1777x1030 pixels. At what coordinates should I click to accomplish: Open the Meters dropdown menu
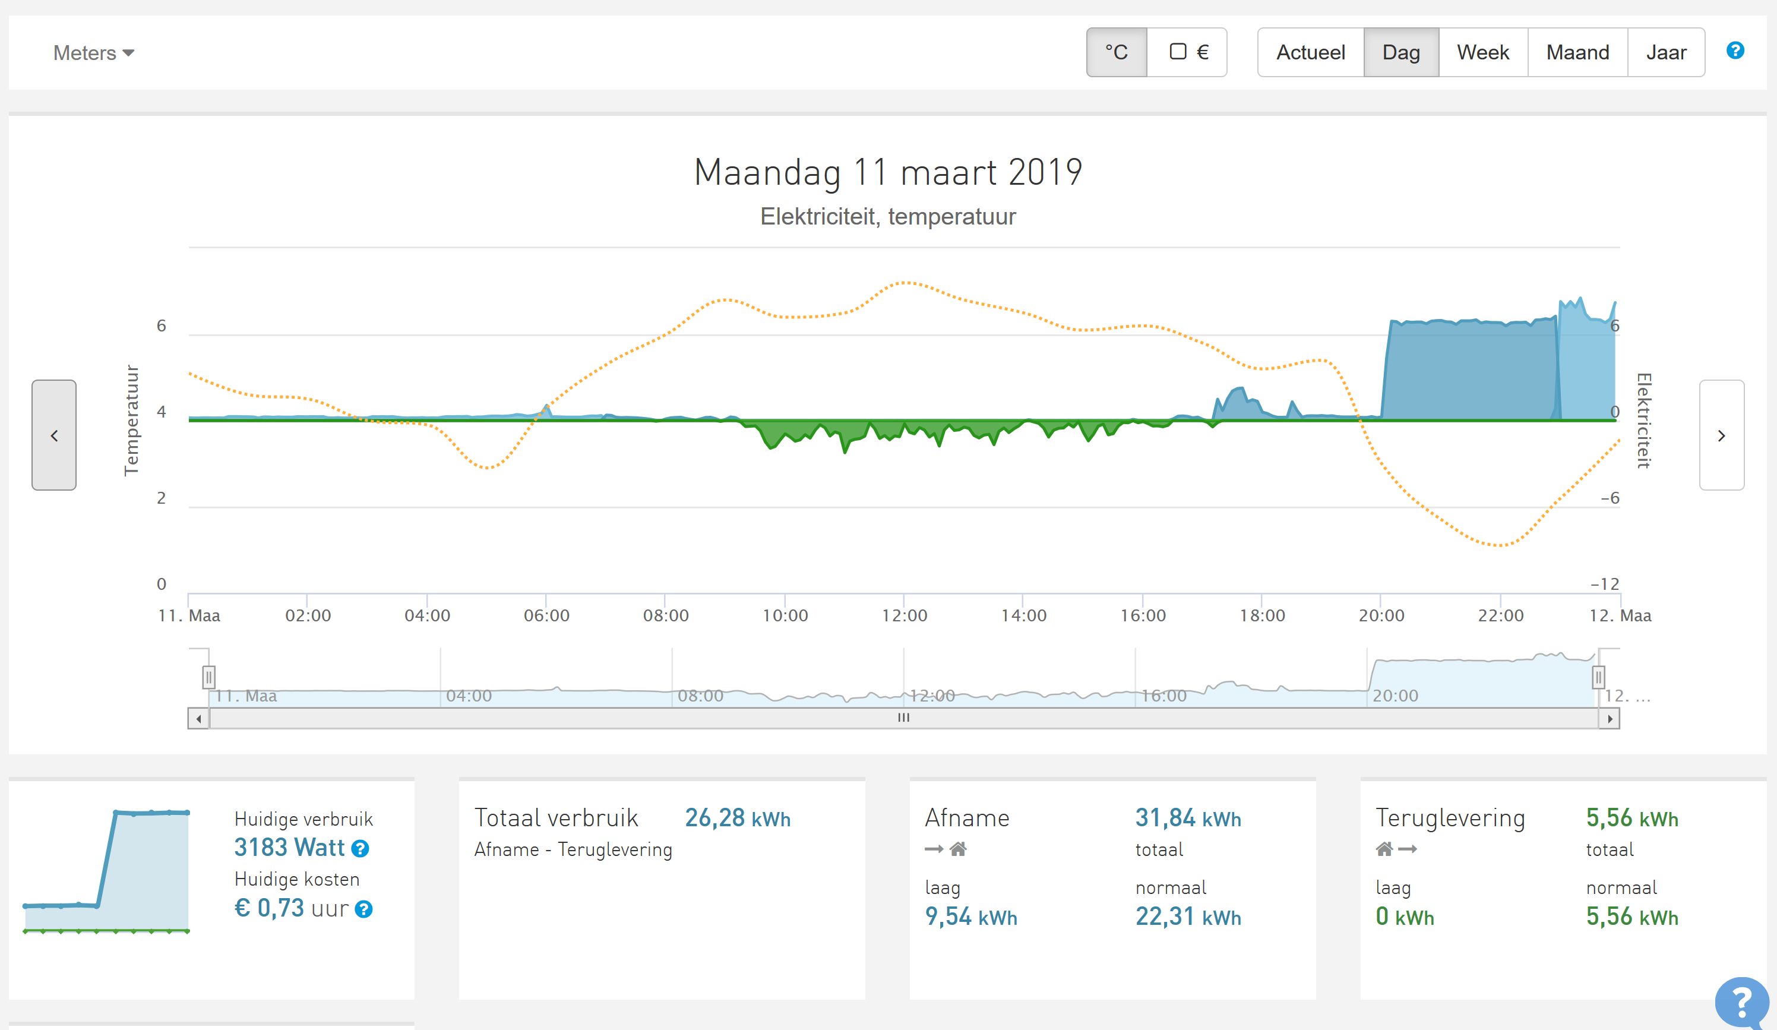tap(94, 53)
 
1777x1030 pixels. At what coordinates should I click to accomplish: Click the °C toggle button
tap(1116, 52)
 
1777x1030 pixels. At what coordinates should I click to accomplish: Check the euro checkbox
tap(1178, 52)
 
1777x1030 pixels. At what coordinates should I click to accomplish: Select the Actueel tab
tap(1310, 52)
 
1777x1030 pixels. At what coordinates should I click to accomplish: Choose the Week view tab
tap(1482, 52)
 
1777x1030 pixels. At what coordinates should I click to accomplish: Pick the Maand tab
tap(1577, 52)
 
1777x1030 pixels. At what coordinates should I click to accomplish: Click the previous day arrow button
tap(54, 435)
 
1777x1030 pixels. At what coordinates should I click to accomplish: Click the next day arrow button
tap(1721, 435)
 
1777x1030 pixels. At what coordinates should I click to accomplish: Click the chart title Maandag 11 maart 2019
tap(888, 172)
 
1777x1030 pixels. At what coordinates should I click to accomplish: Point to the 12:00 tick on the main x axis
tap(904, 615)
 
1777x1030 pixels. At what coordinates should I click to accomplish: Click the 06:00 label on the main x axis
tap(546, 615)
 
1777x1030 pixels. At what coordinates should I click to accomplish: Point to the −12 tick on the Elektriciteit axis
tap(1604, 584)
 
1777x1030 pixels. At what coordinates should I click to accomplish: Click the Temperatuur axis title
tap(131, 421)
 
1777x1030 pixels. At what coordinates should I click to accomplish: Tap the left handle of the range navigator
tap(208, 677)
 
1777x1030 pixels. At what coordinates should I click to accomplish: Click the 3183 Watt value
tap(289, 847)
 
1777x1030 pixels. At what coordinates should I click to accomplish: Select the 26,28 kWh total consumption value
tap(738, 819)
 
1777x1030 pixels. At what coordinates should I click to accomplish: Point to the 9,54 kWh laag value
tap(970, 917)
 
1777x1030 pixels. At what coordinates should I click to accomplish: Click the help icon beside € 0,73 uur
tap(364, 909)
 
